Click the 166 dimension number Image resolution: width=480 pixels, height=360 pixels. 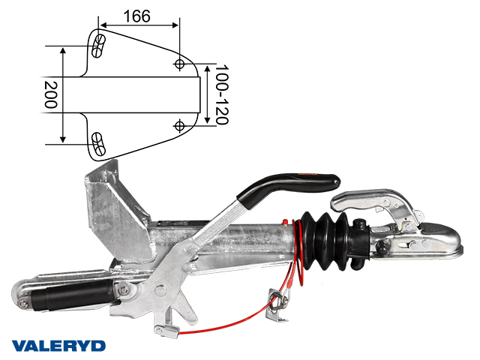point(136,16)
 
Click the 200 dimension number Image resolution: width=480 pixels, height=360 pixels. point(50,94)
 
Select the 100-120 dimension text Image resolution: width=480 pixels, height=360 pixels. point(222,94)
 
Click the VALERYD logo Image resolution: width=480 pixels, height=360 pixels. point(58,346)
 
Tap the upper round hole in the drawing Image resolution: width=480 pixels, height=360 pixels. point(179,64)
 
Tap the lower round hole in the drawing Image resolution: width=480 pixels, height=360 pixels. point(179,126)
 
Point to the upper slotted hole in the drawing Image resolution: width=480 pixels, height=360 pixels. point(98,46)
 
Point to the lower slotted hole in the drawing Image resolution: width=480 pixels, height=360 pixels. point(98,144)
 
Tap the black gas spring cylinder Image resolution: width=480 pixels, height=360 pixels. point(72,295)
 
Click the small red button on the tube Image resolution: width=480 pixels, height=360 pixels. point(285,222)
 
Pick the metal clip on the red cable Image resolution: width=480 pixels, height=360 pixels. point(278,304)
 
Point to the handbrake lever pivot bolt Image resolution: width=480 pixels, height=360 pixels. point(159,290)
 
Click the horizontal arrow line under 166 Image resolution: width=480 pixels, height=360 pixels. point(139,25)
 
